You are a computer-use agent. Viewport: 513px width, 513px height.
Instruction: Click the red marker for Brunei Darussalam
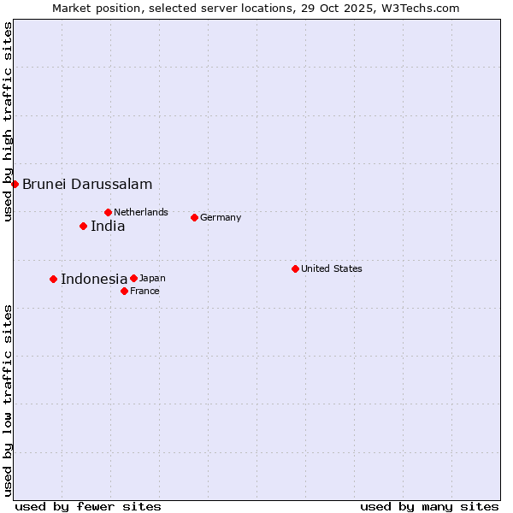pos(15,184)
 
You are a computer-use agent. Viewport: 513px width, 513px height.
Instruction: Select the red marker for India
pos(83,226)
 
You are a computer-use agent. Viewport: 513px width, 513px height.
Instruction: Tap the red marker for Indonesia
pos(53,279)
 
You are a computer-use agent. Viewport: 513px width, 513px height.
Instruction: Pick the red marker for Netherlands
pos(108,212)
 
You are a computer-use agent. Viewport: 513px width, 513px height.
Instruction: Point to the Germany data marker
pos(194,217)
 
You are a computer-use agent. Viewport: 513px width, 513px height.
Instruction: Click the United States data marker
pos(295,268)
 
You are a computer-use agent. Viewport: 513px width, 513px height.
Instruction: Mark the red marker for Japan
pos(133,278)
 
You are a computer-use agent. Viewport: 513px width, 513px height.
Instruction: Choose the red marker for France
pos(124,291)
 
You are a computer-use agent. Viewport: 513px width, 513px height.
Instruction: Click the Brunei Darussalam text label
pos(87,184)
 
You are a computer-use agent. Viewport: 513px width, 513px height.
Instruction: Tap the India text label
pos(108,227)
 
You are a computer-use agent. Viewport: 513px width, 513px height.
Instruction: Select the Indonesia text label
pos(94,279)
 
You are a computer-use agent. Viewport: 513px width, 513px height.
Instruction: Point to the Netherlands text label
pos(141,212)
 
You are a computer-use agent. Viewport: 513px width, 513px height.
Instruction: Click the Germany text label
pos(221,217)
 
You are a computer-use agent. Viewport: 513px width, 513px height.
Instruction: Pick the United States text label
pos(332,268)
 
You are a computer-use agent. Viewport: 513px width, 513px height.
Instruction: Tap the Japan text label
pos(152,278)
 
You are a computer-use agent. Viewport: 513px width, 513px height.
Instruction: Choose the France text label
pos(144,291)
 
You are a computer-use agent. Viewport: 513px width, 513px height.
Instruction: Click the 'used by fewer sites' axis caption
pos(88,506)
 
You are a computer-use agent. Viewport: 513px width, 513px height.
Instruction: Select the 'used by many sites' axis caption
pos(429,506)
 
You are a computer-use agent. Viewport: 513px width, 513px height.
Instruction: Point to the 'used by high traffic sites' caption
pos(8,121)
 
